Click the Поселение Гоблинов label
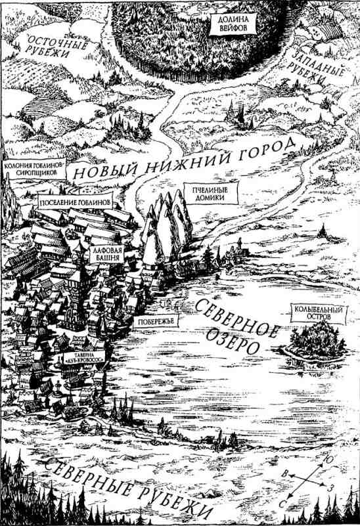point(76,202)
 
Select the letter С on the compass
point(285,502)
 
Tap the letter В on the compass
point(282,473)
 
